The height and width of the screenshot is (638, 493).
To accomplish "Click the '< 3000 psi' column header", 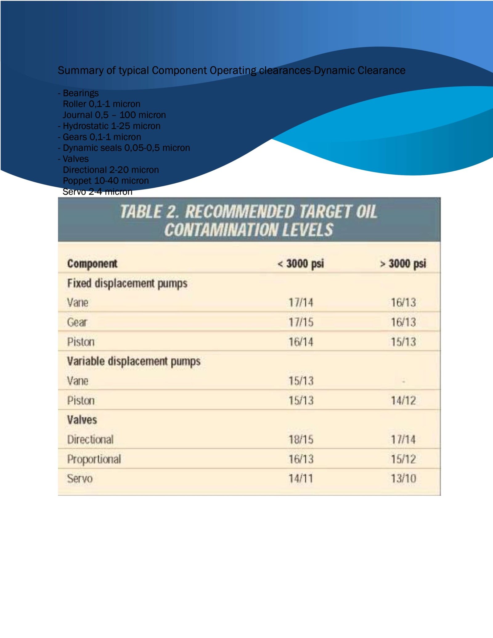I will tap(301, 264).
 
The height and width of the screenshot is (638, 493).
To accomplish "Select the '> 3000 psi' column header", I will tap(403, 264).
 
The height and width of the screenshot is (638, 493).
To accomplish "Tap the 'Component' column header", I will tap(92, 264).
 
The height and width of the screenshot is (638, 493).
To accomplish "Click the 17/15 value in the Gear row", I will tap(301, 322).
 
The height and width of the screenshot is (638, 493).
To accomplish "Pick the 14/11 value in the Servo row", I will tap(301, 478).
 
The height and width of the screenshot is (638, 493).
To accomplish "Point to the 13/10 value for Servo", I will tap(403, 478).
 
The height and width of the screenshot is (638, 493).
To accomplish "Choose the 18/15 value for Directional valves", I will tap(301, 439).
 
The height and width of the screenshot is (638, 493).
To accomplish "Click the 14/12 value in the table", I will tap(403, 400).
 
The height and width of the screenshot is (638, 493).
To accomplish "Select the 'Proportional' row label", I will tap(94, 459).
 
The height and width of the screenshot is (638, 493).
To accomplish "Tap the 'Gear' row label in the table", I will tap(77, 322).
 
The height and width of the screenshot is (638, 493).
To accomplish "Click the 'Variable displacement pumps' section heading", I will tap(134, 361).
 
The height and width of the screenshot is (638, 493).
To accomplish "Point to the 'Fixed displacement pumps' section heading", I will tap(127, 283).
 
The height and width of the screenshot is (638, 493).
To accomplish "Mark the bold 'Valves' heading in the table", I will tap(82, 420).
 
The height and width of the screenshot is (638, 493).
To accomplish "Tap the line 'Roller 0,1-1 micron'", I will tap(101, 104).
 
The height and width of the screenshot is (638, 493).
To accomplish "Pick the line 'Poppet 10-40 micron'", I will tap(106, 181).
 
